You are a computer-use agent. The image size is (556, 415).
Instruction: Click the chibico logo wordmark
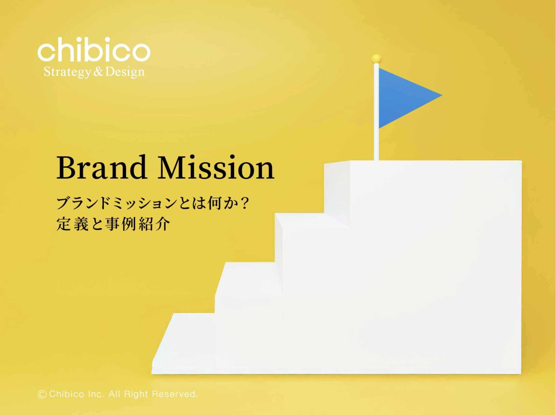pyautogui.click(x=94, y=50)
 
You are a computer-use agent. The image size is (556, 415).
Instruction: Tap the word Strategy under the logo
pyautogui.click(x=67, y=71)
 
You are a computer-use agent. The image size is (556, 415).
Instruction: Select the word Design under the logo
pyautogui.click(x=125, y=71)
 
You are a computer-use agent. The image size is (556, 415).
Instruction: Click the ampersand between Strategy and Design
pyautogui.click(x=98, y=71)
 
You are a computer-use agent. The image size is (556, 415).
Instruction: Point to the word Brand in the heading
pyautogui.click(x=101, y=168)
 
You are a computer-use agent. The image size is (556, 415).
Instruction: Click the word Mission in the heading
pyautogui.click(x=216, y=168)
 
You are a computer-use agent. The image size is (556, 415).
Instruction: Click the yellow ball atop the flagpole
pyautogui.click(x=376, y=58)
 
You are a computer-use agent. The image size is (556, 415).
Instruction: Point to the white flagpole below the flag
pyautogui.click(x=376, y=144)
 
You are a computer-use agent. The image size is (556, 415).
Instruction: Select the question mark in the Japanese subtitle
pyautogui.click(x=244, y=203)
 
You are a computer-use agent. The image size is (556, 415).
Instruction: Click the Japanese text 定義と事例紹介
pyautogui.click(x=113, y=224)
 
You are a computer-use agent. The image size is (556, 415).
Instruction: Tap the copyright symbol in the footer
pyautogui.click(x=42, y=395)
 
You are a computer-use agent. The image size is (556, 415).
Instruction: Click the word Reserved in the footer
pyautogui.click(x=175, y=394)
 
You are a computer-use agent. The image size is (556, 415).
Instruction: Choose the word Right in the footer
pyautogui.click(x=136, y=394)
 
